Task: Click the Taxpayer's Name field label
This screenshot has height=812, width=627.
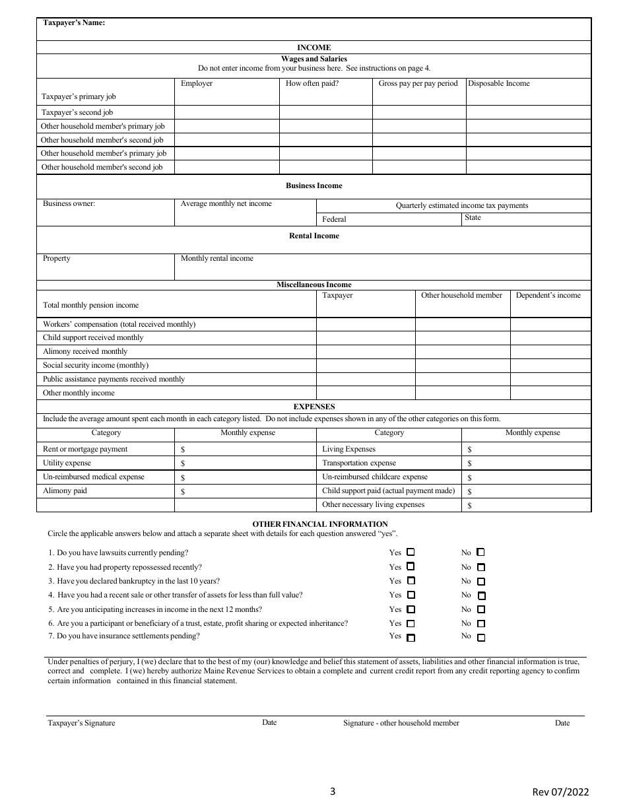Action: click(74, 22)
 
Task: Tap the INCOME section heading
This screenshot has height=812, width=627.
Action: click(313, 48)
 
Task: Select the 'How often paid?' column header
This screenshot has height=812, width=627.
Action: click(312, 84)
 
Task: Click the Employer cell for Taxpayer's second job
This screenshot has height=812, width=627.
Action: click(226, 113)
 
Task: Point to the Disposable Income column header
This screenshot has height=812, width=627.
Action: click(499, 84)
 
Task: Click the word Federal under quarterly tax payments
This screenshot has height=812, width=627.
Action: click(334, 219)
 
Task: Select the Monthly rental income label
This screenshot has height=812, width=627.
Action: click(217, 259)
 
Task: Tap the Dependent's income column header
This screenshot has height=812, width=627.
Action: click(548, 296)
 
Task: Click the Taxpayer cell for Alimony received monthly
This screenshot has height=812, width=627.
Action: click(366, 352)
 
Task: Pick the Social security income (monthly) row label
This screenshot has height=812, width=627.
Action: click(96, 366)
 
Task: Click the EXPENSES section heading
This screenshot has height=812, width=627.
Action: click(313, 407)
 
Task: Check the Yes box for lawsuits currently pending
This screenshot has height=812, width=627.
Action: click(411, 552)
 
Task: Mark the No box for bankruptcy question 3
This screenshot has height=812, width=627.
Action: click(480, 582)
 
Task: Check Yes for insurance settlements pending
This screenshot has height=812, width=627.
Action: click(411, 638)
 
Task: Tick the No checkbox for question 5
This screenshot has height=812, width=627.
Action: click(480, 610)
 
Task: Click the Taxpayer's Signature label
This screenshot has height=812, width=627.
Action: click(81, 724)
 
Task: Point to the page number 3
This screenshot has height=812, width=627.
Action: click(333, 792)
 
